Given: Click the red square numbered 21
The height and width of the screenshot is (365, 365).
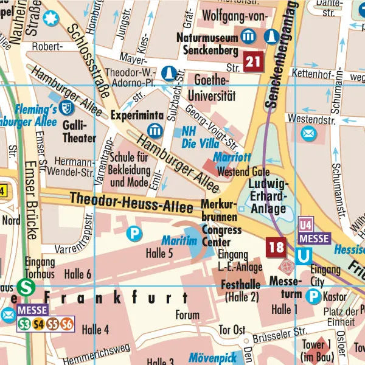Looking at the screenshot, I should point(254,60).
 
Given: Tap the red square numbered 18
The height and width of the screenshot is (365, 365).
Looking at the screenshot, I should point(276,247).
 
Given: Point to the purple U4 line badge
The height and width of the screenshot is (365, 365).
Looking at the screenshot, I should point(305,224).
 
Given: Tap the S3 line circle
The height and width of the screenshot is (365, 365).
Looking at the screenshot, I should point(25,324).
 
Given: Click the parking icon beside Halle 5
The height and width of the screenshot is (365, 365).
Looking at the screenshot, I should point(133,232).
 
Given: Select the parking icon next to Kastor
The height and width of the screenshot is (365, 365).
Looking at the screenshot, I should point(313,296).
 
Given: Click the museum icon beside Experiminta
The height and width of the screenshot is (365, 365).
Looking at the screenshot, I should point(155,130).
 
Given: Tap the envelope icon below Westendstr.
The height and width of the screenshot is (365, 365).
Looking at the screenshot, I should point(309,133).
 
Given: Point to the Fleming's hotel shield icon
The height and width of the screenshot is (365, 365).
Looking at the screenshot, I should point(65,109).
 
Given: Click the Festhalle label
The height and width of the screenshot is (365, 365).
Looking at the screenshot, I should point(242,284).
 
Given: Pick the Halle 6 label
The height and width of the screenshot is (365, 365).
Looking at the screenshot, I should point(77,274).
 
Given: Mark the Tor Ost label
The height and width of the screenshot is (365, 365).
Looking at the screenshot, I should point(232,330).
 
